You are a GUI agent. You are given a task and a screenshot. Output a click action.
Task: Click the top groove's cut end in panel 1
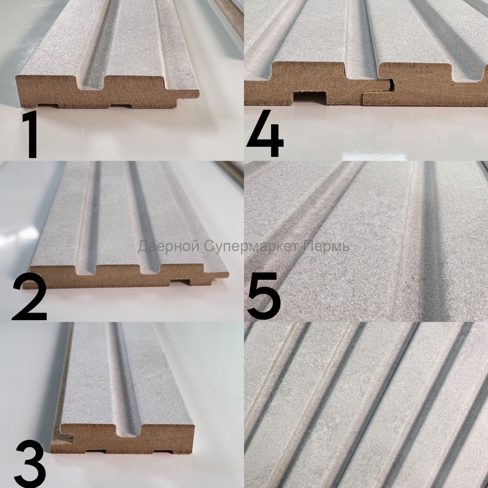pyautogui.click(x=93, y=82)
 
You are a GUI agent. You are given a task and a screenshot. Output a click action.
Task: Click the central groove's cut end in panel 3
pyautogui.click(x=129, y=429)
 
